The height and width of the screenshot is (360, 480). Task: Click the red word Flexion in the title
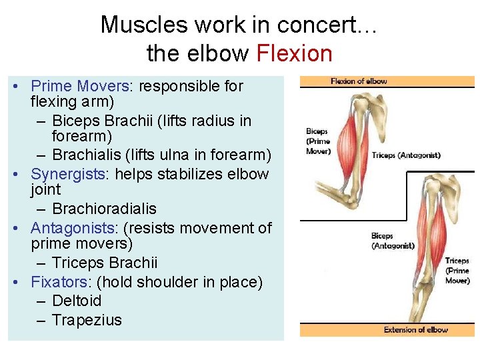click(294, 53)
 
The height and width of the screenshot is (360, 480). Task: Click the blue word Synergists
click(65, 174)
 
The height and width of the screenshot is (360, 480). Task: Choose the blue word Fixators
click(59, 282)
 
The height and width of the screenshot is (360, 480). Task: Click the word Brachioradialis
click(104, 209)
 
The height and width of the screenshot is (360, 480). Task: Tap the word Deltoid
click(77, 301)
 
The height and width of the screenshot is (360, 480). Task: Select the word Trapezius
click(87, 320)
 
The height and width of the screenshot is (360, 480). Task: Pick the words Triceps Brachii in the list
click(105, 263)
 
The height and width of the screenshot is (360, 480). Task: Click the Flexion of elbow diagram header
click(359, 81)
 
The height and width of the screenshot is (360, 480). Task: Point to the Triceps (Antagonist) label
click(406, 155)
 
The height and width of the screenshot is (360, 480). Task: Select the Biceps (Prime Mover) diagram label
click(318, 141)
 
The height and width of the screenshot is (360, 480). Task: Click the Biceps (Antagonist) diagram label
click(393, 241)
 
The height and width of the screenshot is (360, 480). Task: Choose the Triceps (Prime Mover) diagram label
click(457, 271)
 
